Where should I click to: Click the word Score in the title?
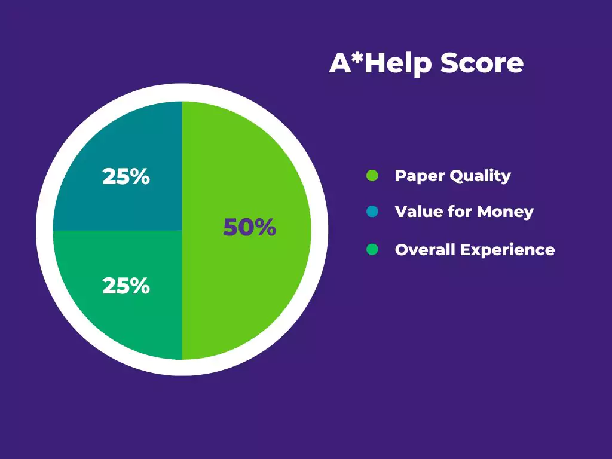482,63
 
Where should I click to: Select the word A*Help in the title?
381,63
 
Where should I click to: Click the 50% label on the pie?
249,227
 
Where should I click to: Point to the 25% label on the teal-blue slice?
126,176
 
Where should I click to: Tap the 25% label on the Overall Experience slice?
126,286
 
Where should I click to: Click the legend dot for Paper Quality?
372,176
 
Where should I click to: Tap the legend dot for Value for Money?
372,212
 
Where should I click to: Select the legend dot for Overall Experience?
372,249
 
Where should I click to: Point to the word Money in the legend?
505,212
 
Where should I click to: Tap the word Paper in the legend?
420,176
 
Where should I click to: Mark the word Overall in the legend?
426,250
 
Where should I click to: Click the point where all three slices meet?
182,231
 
